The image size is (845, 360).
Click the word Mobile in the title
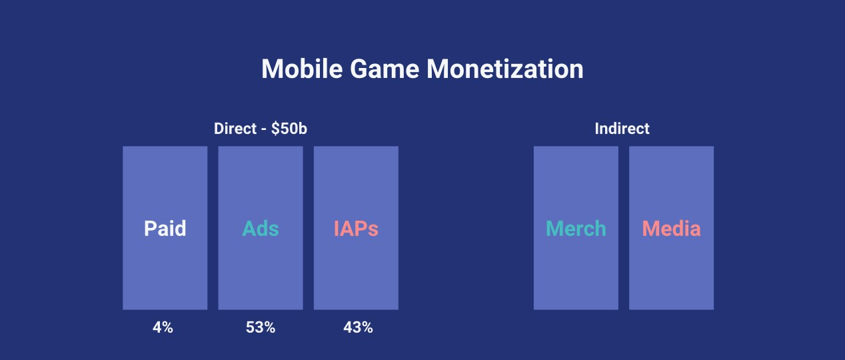click(302, 69)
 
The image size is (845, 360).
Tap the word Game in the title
click(385, 69)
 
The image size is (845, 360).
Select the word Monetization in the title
click(504, 69)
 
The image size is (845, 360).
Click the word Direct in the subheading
click(235, 129)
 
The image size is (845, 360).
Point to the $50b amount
click(289, 129)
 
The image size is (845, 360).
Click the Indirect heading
click(622, 129)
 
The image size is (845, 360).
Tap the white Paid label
click(165, 228)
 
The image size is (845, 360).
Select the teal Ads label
click(261, 228)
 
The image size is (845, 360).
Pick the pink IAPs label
click(356, 228)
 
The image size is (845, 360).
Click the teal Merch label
click(576, 228)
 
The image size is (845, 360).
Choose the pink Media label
click(671, 228)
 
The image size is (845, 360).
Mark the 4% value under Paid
click(163, 327)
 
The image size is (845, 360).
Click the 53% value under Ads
click(261, 327)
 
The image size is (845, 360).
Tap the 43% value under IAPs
click(358, 327)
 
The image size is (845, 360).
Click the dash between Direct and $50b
click(264, 130)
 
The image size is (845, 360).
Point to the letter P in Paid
click(150, 228)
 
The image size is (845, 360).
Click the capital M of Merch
click(554, 228)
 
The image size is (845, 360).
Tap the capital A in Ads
click(249, 228)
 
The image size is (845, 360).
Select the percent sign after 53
click(269, 327)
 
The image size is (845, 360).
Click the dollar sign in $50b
click(275, 129)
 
